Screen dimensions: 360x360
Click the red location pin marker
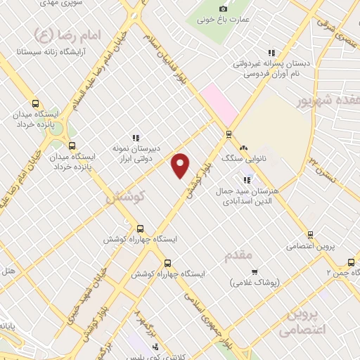tap(181, 166)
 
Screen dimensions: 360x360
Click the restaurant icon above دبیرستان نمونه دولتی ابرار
tap(136, 136)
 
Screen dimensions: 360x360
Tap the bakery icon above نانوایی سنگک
tap(243, 148)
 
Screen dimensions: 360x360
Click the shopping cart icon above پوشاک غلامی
tap(255, 271)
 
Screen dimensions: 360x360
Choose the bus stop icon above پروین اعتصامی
tap(309, 235)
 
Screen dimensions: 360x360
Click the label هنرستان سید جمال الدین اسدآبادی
tap(254, 195)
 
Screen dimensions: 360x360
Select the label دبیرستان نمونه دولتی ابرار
tap(134, 154)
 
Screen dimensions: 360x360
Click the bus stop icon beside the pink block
tap(229, 134)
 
